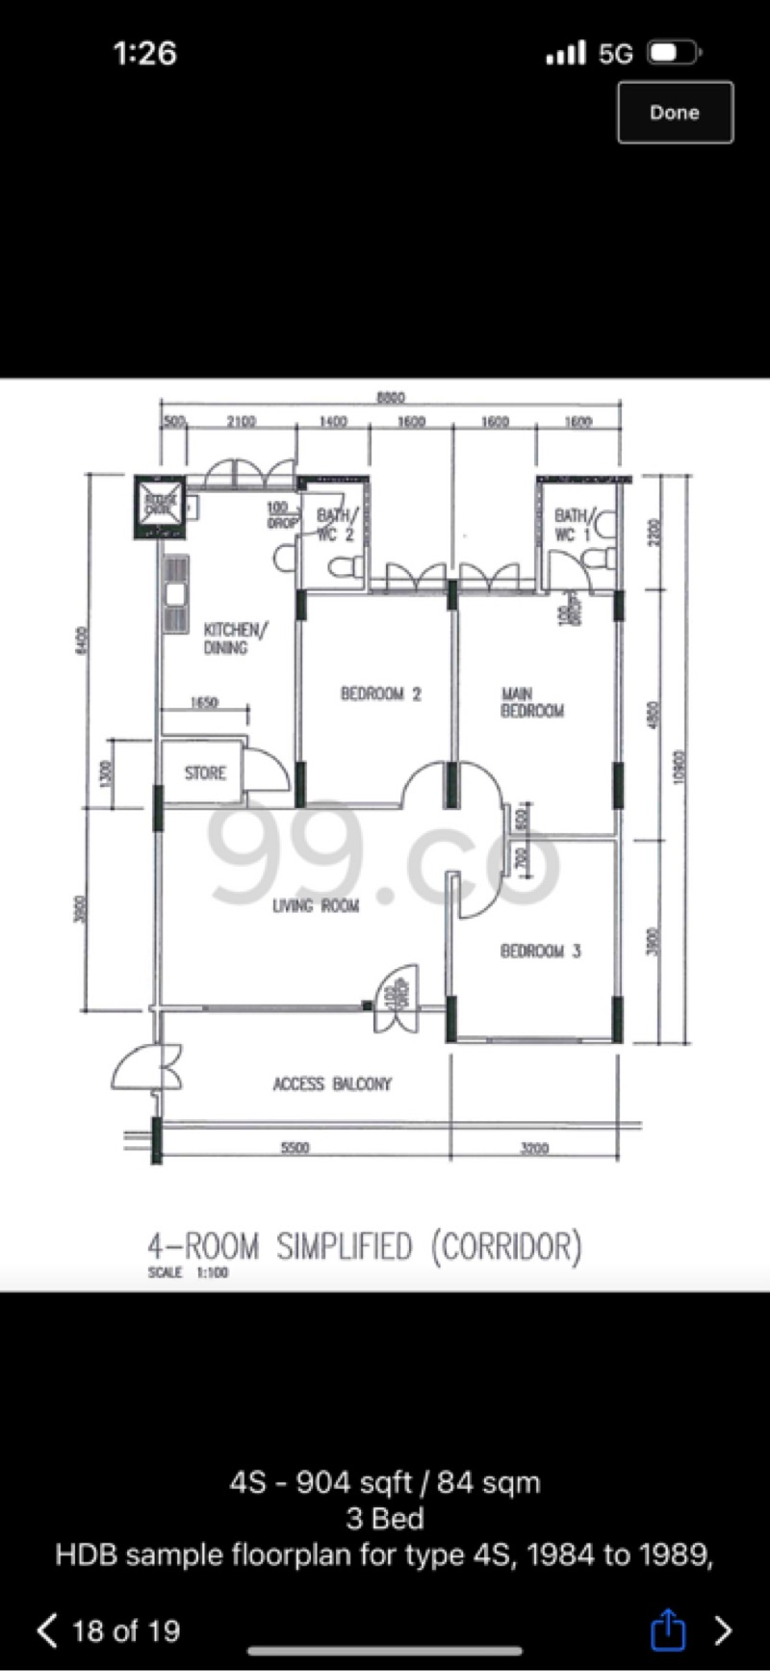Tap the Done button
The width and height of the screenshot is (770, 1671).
(x=675, y=113)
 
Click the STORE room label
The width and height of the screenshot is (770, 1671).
(x=205, y=772)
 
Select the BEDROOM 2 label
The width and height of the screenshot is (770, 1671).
(x=380, y=693)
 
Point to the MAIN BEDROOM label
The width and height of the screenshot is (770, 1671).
(x=531, y=702)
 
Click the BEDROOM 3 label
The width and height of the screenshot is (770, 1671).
(x=540, y=952)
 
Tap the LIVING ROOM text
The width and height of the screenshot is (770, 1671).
(x=315, y=905)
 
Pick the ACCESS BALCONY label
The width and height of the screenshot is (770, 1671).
(x=332, y=1084)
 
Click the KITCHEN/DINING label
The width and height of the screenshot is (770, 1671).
(x=234, y=639)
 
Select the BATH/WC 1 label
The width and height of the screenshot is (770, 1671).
(x=573, y=525)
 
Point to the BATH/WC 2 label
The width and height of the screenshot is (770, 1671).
(x=336, y=525)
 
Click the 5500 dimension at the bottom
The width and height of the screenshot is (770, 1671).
(x=295, y=1147)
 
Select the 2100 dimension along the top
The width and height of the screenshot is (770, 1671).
(x=241, y=422)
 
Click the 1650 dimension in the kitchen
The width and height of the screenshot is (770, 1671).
(x=203, y=703)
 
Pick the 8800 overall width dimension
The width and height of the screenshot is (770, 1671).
(x=390, y=397)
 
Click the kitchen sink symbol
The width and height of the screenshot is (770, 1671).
(x=175, y=594)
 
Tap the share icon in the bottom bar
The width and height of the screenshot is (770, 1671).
(x=668, y=1631)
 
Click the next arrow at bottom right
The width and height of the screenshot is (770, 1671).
(x=723, y=1630)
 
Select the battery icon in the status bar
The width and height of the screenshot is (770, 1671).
(x=673, y=53)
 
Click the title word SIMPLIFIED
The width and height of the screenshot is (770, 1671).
(x=344, y=1247)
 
